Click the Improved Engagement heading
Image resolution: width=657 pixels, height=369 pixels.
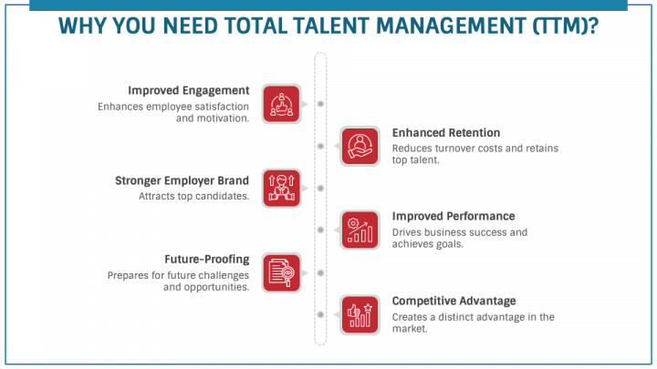pos(188,90)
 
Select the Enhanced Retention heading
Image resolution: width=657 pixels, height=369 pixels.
pos(445,133)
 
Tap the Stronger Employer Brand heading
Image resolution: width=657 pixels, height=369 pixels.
pos(182,179)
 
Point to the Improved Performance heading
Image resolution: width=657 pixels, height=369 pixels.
pos(454,216)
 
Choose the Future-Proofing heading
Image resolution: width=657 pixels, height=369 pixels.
pos(206,259)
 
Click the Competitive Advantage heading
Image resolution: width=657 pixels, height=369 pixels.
pos(454,301)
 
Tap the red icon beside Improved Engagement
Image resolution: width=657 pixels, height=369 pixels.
pos(281,104)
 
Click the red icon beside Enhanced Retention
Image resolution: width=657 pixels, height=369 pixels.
pos(360,146)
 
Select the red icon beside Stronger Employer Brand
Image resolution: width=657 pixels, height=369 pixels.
pos(281,188)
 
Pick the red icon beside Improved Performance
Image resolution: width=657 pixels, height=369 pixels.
pos(360,230)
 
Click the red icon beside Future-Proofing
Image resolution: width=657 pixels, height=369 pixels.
pos(281,272)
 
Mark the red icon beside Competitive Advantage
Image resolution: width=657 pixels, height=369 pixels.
pos(360,313)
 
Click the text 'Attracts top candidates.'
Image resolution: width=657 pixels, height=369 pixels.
pos(193,196)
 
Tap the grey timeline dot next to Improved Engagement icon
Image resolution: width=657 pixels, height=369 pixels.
pos(320,104)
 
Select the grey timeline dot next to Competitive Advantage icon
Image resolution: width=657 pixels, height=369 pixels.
pos(320,313)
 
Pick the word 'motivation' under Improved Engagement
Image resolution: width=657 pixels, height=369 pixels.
pos(222,118)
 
